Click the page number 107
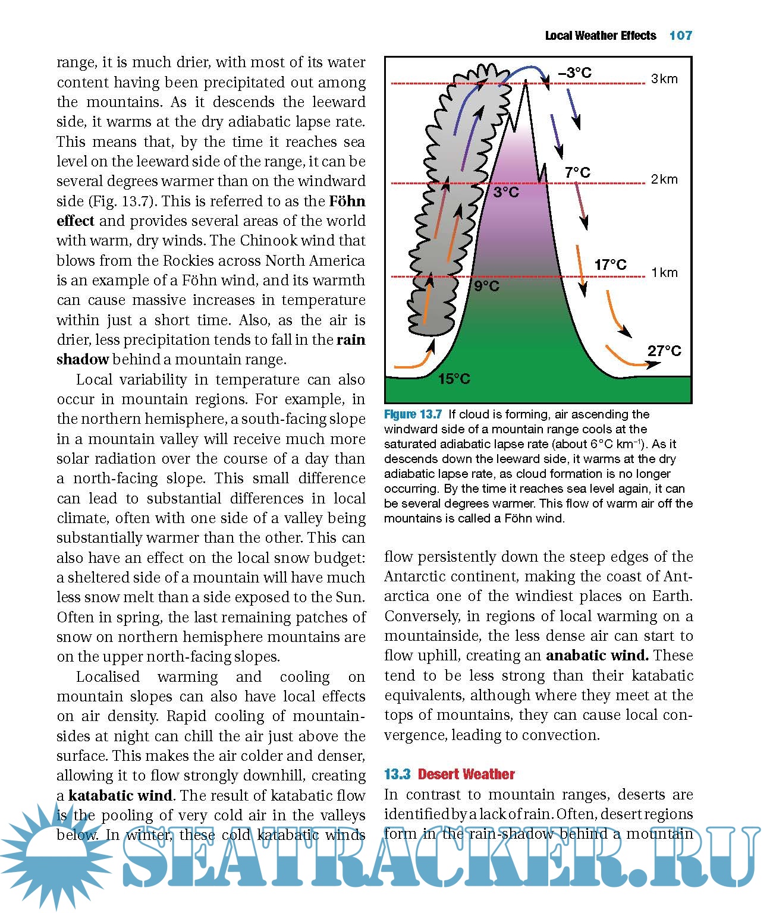pos(680,36)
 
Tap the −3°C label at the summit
pos(575,73)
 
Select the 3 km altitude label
pos(664,79)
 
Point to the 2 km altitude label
pos(664,180)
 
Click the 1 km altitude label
pos(664,273)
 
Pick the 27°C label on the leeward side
pos(664,351)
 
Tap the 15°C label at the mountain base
pos(454,379)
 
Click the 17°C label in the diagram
pos(611,265)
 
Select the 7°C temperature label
pos(577,173)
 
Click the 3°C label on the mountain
pos(506,193)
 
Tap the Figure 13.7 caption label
pos(413,414)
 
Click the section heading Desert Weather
pos(466,775)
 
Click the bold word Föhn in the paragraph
pos(347,202)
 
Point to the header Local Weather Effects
pos(601,36)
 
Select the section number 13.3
pos(397,775)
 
